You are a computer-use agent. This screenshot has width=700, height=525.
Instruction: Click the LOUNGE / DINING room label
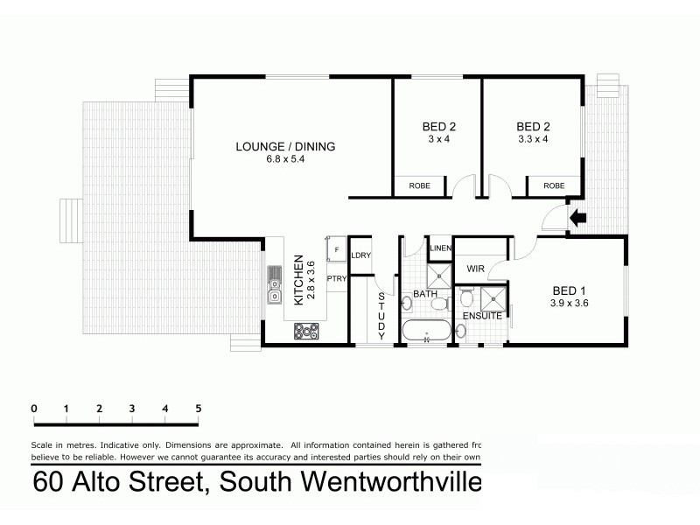coord(285,146)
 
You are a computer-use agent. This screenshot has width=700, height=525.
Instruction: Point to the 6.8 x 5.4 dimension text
coord(285,159)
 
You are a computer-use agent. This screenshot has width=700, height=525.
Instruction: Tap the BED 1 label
coord(568,291)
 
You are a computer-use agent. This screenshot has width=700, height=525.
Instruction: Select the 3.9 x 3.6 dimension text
coord(568,304)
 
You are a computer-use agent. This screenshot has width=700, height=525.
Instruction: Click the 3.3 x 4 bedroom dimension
coord(533,138)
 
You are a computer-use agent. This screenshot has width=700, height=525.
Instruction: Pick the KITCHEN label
coord(298,279)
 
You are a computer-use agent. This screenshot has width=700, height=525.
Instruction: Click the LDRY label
coord(360,255)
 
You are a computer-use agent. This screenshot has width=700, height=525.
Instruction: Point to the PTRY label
coord(337,279)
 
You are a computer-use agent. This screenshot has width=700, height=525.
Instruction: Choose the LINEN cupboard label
coord(441,248)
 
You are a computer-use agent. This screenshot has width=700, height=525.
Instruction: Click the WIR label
coord(476,269)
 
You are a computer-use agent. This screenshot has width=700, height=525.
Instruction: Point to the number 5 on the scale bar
coord(199,409)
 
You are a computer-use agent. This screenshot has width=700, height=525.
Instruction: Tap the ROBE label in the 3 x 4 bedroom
coord(416,185)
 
